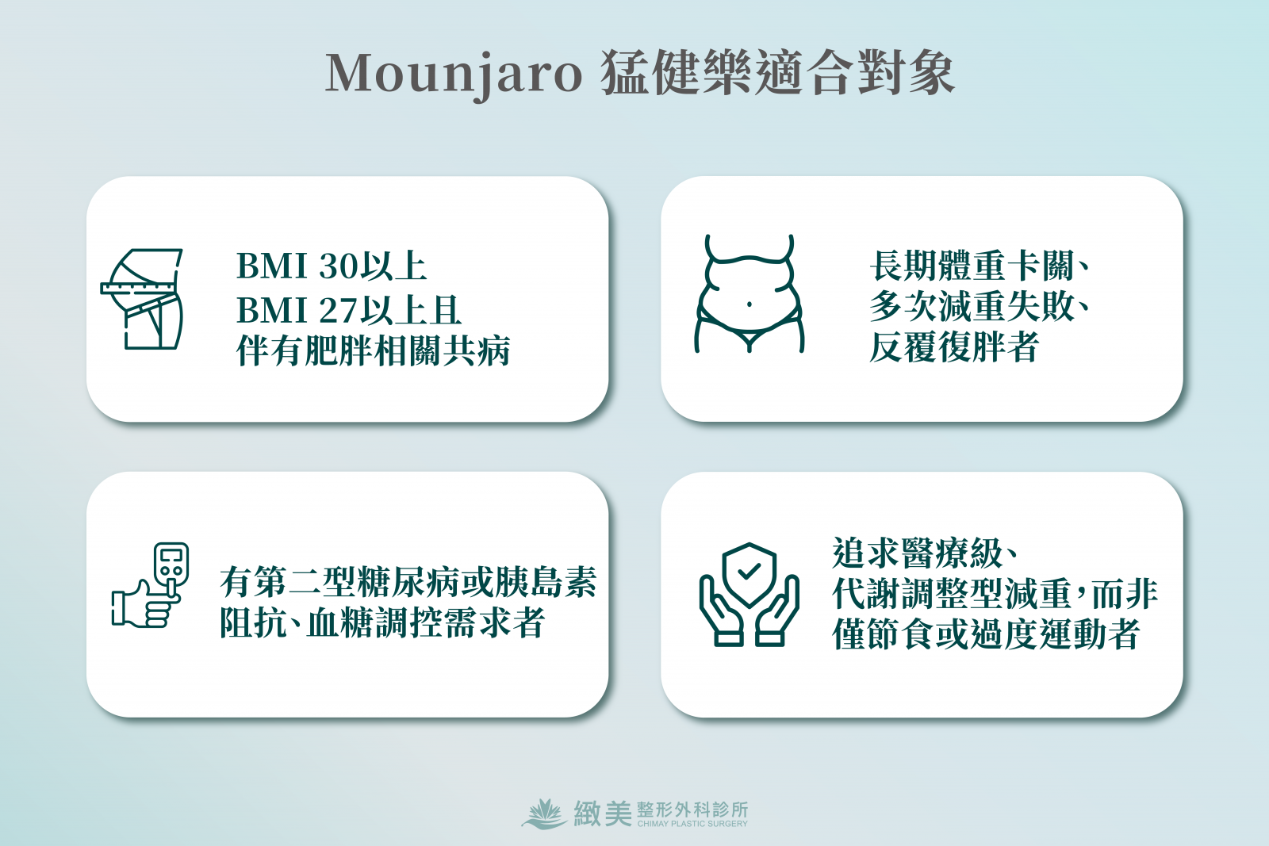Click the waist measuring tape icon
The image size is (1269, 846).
pos(142,299)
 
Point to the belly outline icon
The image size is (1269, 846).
pos(749,294)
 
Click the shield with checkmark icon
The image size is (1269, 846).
pos(749,574)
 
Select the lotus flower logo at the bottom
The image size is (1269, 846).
pos(544,814)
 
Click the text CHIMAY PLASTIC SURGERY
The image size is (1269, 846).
pos(692,824)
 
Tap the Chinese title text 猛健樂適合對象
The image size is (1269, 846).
pos(778,74)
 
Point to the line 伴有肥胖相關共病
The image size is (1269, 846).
pos(374,351)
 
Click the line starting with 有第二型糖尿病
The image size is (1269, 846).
pos(408,582)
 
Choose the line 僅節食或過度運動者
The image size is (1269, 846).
pos(987,634)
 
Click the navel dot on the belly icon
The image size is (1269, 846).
pos(750,304)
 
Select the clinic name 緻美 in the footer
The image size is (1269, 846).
pos(603,813)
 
